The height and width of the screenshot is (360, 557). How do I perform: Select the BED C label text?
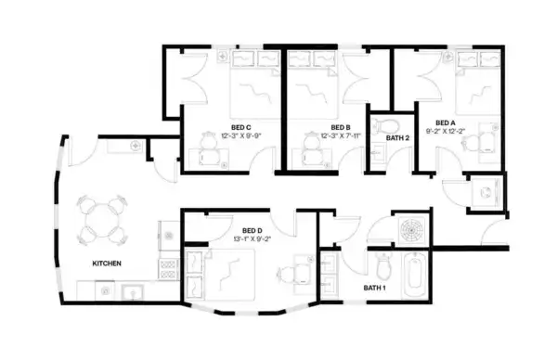[241, 126]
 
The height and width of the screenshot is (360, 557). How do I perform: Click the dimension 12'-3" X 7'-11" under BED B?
[340, 136]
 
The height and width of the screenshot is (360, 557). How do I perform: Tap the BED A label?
[446, 122]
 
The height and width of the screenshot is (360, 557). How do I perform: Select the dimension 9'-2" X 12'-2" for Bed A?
[446, 132]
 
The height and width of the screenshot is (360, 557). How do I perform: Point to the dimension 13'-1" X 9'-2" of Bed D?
[253, 239]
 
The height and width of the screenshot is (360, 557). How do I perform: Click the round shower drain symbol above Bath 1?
[409, 228]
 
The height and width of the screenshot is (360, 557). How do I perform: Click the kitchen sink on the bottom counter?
[132, 292]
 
